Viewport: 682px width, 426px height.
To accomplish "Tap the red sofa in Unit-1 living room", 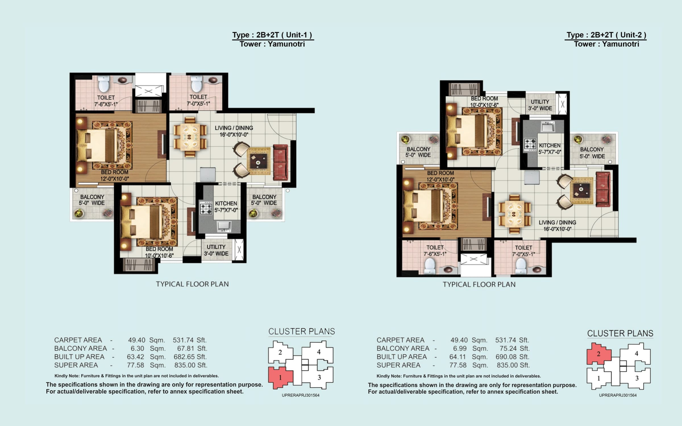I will (280, 162).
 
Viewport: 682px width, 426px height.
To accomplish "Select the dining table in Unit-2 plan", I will (514, 214).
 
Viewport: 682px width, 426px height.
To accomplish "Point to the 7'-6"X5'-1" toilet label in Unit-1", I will (106, 101).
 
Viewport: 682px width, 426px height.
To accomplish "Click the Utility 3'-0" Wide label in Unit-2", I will (540, 105).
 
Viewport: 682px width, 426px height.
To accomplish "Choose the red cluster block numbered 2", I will (598, 354).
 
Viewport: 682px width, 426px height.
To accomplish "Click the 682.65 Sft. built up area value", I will (190, 357).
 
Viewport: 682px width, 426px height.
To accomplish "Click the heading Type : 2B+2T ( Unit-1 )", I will (272, 35).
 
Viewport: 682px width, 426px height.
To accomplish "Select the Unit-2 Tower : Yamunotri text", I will (606, 44).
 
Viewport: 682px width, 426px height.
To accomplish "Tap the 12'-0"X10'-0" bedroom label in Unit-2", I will (440, 176).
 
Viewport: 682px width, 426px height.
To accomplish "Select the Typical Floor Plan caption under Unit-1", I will (192, 284).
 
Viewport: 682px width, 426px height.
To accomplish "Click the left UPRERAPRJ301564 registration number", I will (300, 395).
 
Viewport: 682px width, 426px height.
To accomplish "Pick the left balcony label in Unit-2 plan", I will (418, 152).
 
